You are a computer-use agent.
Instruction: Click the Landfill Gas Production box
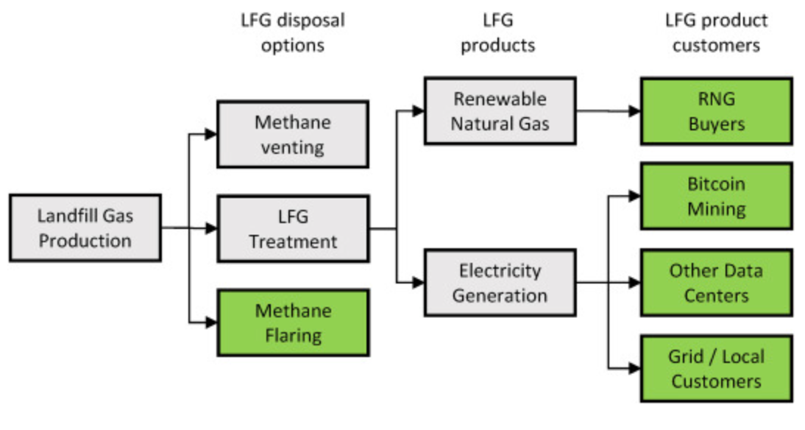pyautogui.click(x=85, y=228)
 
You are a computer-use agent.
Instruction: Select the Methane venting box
pyautogui.click(x=292, y=135)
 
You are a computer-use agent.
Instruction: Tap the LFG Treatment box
pyautogui.click(x=292, y=228)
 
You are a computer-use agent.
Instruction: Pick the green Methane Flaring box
pyautogui.click(x=292, y=322)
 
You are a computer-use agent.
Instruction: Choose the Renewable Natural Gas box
pyautogui.click(x=500, y=111)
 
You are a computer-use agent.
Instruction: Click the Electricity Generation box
pyautogui.click(x=500, y=283)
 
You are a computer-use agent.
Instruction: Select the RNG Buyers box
pyautogui.click(x=716, y=111)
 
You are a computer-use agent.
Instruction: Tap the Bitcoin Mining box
pyautogui.click(x=716, y=196)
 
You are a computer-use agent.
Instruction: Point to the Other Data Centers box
pyautogui.click(x=716, y=283)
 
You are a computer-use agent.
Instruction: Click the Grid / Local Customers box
pyautogui.click(x=716, y=368)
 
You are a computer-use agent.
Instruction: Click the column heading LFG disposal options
pyautogui.click(x=292, y=32)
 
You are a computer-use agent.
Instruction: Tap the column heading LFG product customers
pyautogui.click(x=716, y=32)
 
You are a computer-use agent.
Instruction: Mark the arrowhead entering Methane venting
pyautogui.click(x=211, y=135)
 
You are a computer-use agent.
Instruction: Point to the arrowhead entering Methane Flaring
pyautogui.click(x=211, y=322)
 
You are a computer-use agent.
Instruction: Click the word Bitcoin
pyautogui.click(x=716, y=184)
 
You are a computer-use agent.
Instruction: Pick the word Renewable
pyautogui.click(x=500, y=99)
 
